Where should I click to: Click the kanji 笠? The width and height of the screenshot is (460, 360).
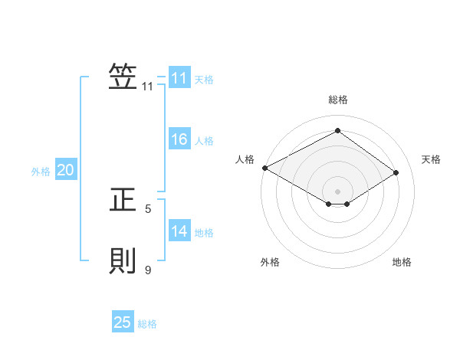[x=123, y=77]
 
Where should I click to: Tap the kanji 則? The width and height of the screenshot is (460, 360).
[x=123, y=261]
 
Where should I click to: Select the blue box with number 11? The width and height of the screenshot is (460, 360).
[x=179, y=78]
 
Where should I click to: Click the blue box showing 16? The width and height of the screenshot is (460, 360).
[x=179, y=139]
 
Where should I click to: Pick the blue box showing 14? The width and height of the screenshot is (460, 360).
[x=179, y=231]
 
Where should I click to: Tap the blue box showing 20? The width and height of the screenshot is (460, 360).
[x=66, y=171]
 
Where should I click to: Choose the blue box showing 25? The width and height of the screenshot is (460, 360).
[x=123, y=322]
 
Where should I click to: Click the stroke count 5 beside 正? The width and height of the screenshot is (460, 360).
[x=148, y=208]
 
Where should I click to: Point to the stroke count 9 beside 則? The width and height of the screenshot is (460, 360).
[x=148, y=270]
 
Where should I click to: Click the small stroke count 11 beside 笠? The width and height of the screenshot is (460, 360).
[x=148, y=87]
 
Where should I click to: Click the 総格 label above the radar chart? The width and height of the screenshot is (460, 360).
[x=337, y=100]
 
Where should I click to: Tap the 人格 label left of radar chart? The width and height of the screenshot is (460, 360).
[x=245, y=159]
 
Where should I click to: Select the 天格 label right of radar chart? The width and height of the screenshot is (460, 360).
[x=431, y=159]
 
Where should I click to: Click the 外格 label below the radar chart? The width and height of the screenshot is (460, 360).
[x=270, y=263]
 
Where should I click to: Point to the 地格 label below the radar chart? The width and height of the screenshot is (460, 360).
[x=402, y=263]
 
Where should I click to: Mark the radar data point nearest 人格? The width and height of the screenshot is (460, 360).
[x=264, y=168]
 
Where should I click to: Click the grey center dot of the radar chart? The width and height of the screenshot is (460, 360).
[x=337, y=191]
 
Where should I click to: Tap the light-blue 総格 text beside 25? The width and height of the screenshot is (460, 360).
[x=148, y=324]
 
